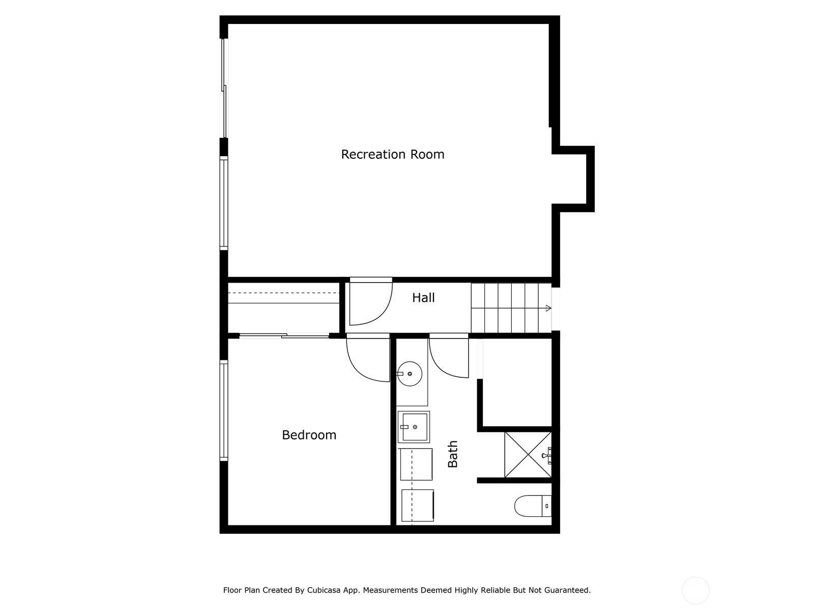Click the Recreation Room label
[x=392, y=154]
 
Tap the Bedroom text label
[x=309, y=435]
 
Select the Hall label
[x=423, y=297]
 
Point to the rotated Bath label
[x=452, y=454]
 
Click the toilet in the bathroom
[x=533, y=506]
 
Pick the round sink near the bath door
[x=410, y=374]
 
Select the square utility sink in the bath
[x=414, y=427]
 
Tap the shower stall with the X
[x=528, y=455]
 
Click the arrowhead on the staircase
[x=549, y=308]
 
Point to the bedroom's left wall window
[x=224, y=410]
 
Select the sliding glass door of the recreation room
[x=224, y=88]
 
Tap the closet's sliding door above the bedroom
[x=284, y=336]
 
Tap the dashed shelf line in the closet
[x=284, y=293]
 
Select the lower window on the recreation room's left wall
[x=224, y=203]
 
